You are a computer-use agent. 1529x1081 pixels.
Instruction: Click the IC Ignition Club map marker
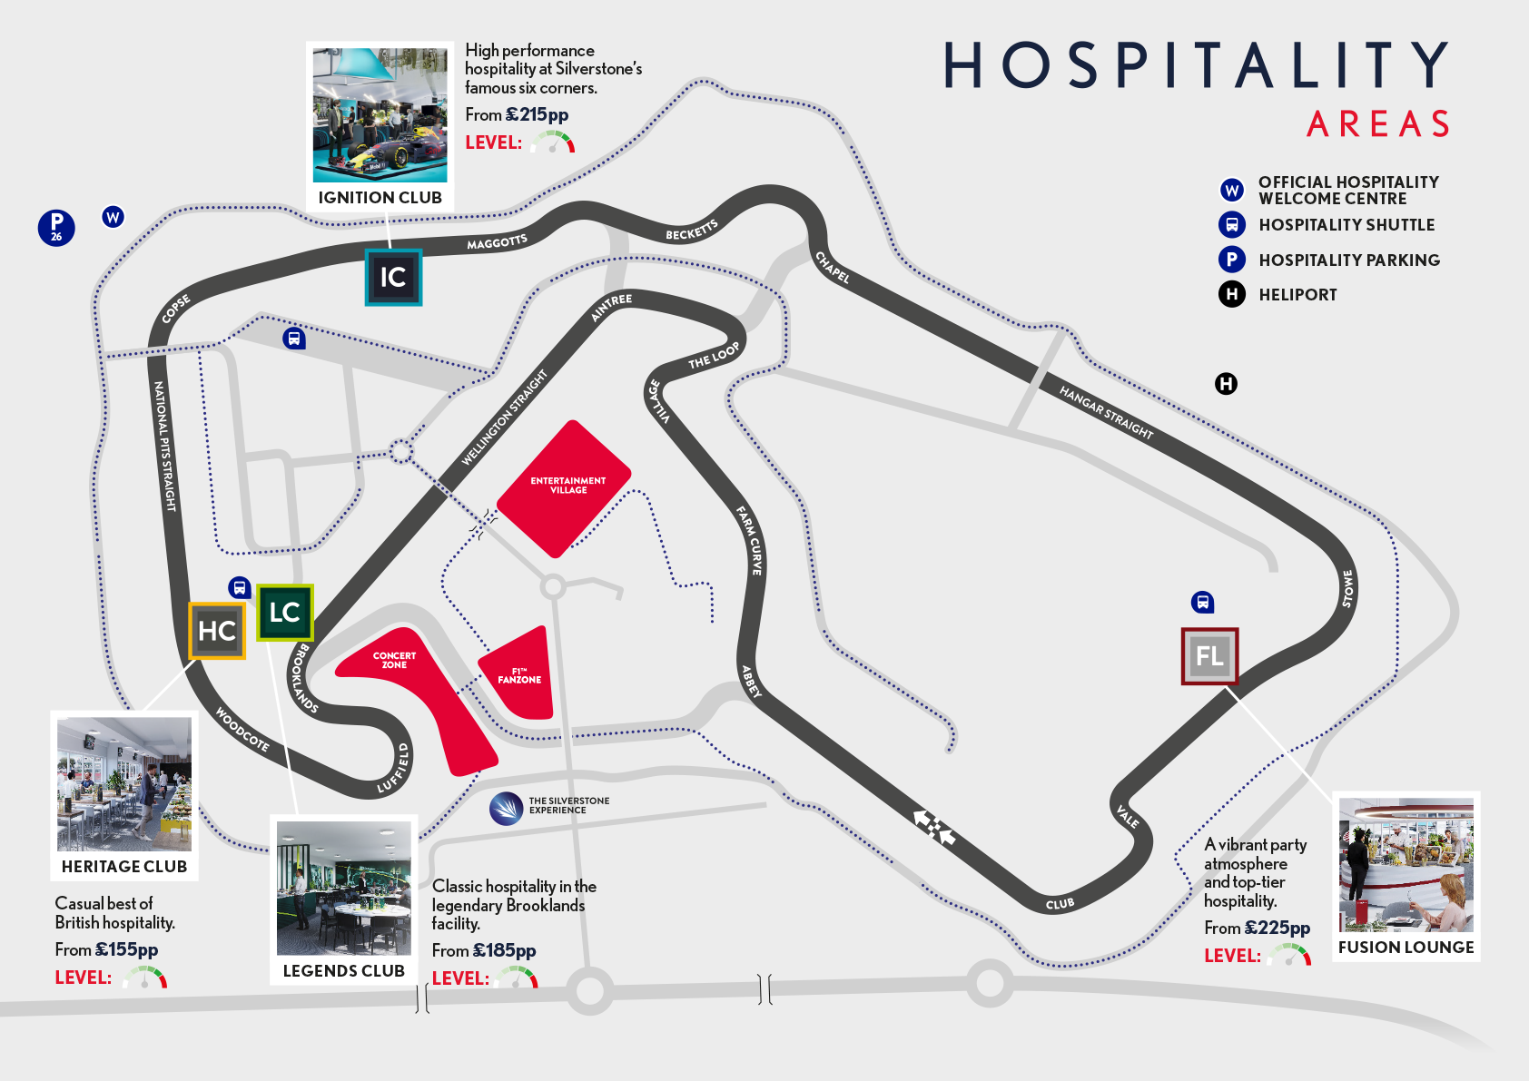tap(393, 277)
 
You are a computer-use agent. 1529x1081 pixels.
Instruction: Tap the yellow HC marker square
tap(217, 631)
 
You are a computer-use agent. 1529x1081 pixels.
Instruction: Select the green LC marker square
tap(284, 613)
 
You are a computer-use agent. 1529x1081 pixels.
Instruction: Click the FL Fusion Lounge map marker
tap(1209, 656)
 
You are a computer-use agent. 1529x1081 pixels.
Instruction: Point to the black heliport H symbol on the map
tap(1226, 384)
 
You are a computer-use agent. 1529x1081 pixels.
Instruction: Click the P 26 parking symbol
tap(56, 227)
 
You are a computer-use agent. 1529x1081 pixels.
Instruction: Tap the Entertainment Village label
tap(567, 486)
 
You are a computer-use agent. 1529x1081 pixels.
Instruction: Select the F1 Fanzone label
tap(519, 676)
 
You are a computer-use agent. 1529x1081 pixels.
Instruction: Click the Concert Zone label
tap(394, 660)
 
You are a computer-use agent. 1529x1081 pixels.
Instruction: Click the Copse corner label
tap(175, 309)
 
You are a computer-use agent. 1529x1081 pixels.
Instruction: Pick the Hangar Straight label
tap(1106, 412)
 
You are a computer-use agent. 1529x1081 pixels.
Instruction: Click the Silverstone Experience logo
tap(506, 808)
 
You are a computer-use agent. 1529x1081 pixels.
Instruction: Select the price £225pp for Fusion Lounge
tap(1277, 928)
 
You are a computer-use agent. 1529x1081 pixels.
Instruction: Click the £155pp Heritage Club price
tap(126, 949)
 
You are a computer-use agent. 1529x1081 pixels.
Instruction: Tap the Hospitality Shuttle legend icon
tap(1231, 224)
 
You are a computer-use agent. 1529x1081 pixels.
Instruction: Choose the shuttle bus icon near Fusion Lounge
tap(1202, 602)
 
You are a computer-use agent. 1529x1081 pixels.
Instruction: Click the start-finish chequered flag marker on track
tap(934, 827)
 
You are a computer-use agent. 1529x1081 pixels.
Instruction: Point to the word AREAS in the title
tap(1377, 124)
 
